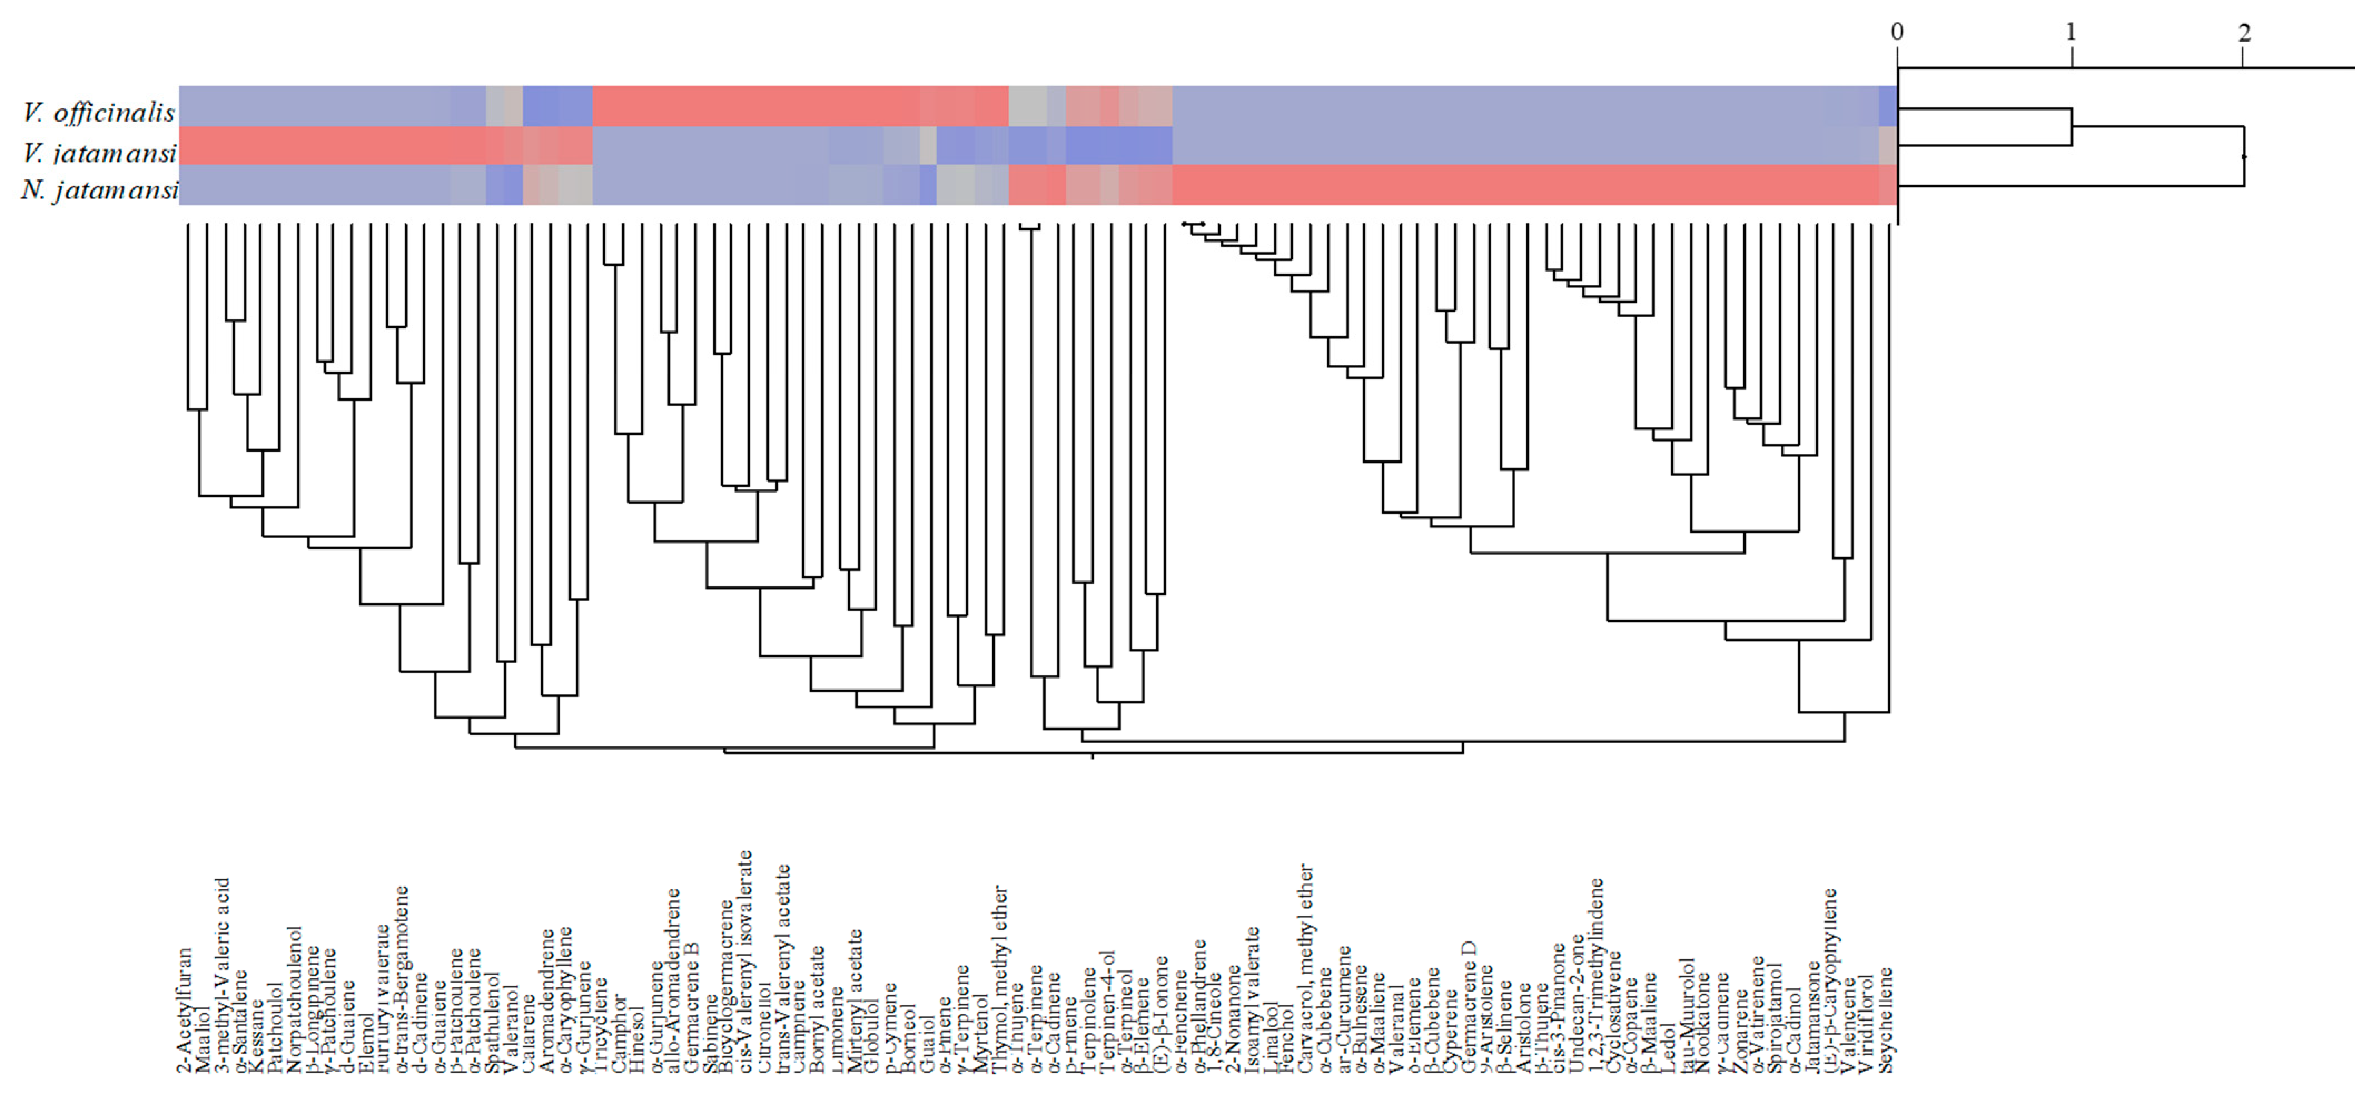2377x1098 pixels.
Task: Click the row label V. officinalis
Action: (x=99, y=113)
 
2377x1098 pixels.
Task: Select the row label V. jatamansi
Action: (x=99, y=152)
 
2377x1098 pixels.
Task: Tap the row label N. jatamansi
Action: (x=99, y=191)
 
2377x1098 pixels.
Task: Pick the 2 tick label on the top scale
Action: (x=2244, y=32)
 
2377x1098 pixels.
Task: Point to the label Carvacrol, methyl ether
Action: (x=1306, y=969)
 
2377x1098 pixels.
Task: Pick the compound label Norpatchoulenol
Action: (x=295, y=999)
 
